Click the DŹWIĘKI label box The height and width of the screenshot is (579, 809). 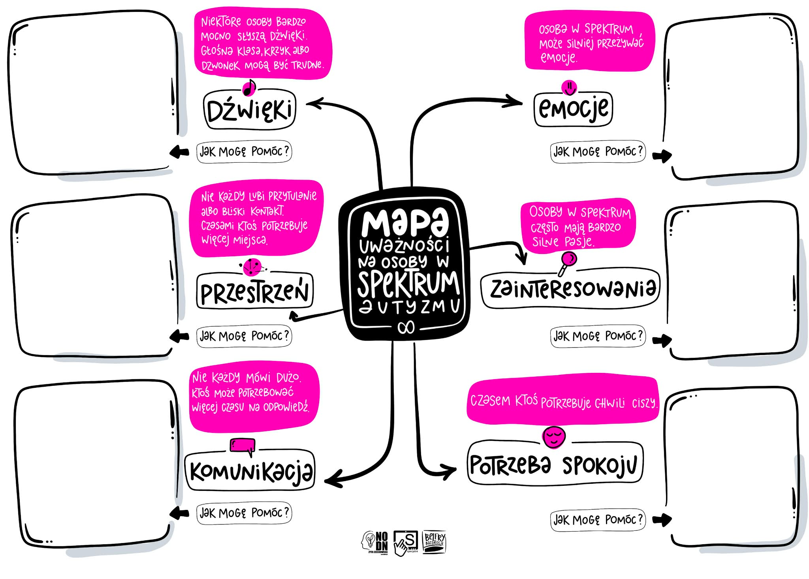point(250,110)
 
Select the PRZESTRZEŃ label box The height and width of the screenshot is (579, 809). point(254,291)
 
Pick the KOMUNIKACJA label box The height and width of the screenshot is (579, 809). point(250,470)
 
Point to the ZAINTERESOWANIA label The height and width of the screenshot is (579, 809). point(570,289)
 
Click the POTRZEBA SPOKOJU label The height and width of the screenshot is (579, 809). point(555,464)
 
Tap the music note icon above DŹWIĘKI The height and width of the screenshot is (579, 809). point(249,88)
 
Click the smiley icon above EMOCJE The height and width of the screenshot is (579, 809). point(569,87)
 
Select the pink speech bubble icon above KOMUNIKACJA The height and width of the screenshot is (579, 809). point(243,446)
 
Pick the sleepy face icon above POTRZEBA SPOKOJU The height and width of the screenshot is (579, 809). point(554,437)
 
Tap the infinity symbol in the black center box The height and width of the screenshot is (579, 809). point(406,327)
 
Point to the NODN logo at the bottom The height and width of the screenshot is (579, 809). point(375,542)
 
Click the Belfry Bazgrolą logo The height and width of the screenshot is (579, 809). point(435,541)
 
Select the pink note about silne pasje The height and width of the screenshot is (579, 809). point(578,225)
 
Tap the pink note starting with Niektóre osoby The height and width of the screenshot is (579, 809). point(262,44)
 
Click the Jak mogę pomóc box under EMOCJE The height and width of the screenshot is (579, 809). point(598,151)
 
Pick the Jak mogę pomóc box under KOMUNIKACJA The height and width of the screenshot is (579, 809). point(244,513)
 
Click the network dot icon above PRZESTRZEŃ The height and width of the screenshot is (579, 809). point(252,267)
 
